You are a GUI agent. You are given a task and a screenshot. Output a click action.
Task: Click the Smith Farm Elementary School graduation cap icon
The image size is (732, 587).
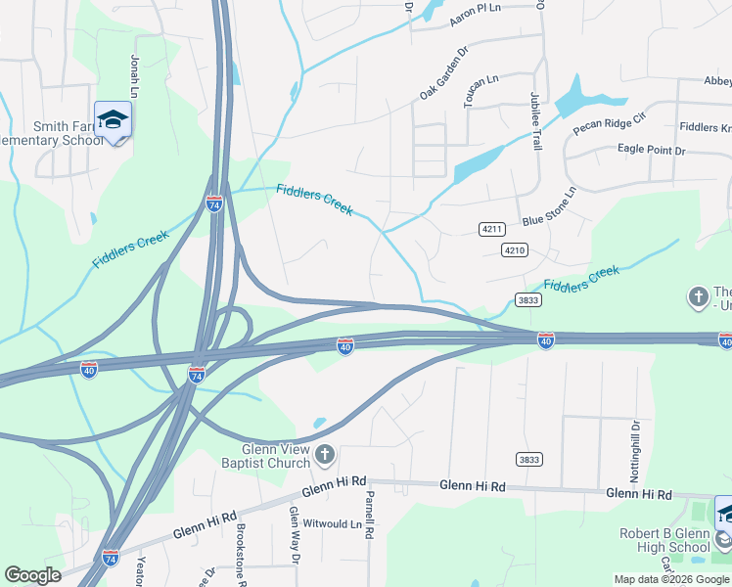point(113,120)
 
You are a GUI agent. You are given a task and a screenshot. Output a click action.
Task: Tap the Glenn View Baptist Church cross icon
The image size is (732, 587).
point(325,454)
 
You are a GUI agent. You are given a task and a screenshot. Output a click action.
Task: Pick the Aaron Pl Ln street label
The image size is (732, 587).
point(476,11)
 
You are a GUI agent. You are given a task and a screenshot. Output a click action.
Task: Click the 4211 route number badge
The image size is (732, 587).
point(492,229)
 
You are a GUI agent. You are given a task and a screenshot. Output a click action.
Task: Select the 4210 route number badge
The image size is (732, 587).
point(515,250)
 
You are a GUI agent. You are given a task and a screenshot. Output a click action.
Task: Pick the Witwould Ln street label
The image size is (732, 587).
point(335,524)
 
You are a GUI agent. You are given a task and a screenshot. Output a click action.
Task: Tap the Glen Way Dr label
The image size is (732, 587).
point(293,534)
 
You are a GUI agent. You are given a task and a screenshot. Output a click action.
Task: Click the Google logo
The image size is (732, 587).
point(32,575)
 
